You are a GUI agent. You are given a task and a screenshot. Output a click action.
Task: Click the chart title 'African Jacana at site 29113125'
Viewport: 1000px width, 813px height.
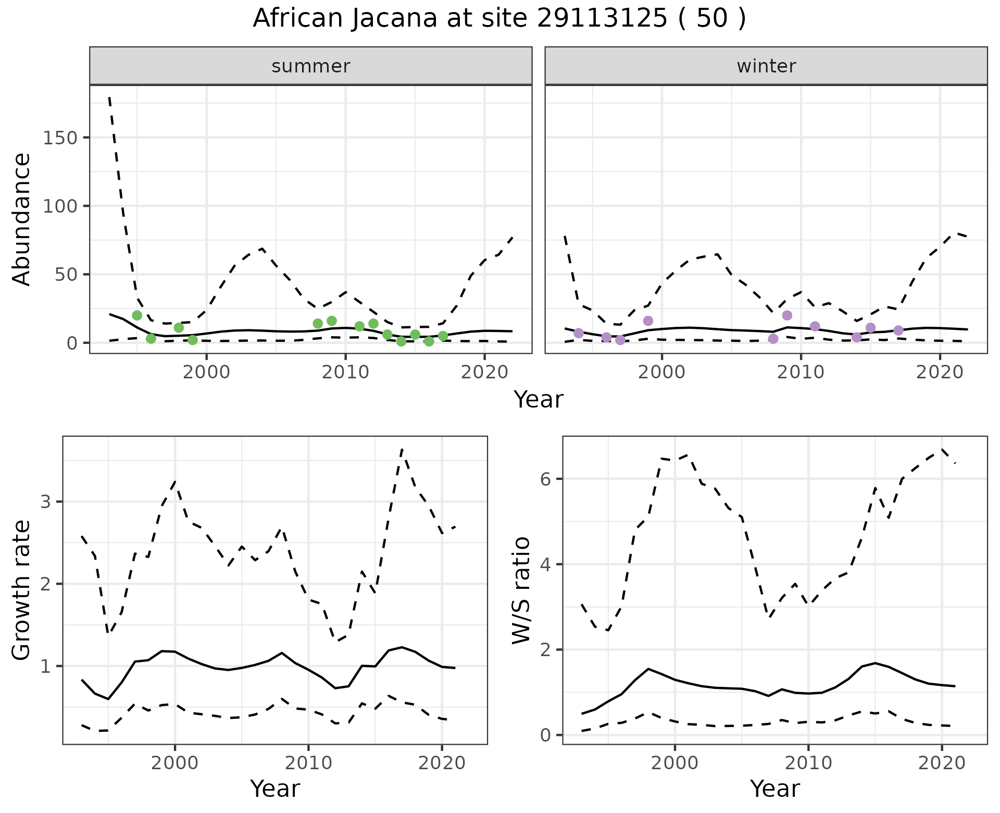pos(499,19)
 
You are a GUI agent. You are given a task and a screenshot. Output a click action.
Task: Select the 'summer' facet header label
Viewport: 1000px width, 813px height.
pos(311,66)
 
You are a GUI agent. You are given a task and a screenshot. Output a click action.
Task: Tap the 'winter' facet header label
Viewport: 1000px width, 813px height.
pos(766,66)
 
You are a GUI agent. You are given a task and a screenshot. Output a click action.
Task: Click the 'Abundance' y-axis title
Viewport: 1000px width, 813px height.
pos(22,219)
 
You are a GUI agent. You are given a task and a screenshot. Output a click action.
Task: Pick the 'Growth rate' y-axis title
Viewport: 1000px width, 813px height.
pos(22,590)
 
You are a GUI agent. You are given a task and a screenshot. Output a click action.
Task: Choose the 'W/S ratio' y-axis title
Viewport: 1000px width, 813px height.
pos(521,590)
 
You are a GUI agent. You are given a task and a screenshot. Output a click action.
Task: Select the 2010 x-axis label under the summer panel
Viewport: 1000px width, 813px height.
pos(345,373)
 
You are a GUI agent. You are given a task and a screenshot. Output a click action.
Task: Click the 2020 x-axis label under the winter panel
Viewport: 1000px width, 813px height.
pos(940,373)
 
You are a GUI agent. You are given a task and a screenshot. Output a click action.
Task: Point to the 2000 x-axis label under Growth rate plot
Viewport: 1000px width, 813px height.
pos(175,763)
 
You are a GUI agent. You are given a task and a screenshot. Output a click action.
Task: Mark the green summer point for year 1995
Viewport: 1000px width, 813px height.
pos(137,315)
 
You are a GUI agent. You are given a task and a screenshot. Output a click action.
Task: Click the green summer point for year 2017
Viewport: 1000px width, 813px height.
pos(443,336)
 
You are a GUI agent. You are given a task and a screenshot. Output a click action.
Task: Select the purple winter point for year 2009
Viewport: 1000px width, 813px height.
pos(787,315)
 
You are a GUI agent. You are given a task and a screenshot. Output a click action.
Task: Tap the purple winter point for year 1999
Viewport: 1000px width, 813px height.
pos(648,321)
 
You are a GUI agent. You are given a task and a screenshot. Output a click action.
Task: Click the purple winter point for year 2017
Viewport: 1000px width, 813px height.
pos(898,330)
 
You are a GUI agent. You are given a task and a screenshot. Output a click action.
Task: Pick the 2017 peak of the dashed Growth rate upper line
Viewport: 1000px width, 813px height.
pos(402,449)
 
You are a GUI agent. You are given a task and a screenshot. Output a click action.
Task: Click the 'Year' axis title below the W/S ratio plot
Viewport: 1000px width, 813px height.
pos(775,789)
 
